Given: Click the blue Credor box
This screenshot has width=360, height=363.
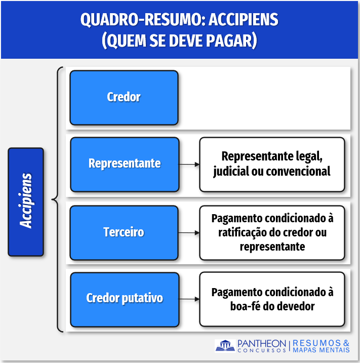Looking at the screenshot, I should click(x=124, y=98).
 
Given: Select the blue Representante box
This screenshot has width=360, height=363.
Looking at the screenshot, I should click(x=125, y=165).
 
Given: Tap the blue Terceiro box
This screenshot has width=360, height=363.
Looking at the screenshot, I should click(x=124, y=232).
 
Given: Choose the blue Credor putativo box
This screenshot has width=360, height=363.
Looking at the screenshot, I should click(x=125, y=299).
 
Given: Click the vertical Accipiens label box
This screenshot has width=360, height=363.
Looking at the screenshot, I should click(x=26, y=201).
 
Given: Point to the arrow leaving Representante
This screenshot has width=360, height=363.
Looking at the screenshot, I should click(x=189, y=165).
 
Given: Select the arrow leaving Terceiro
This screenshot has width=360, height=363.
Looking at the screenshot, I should click(x=189, y=232).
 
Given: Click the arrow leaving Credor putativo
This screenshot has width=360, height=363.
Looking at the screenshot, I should click(x=189, y=299).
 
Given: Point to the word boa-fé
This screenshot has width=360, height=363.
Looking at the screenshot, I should click(x=244, y=306).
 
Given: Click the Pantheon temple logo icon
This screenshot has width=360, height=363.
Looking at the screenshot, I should click(x=225, y=346).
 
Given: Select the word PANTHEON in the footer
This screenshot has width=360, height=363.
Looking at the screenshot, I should click(x=262, y=343).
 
